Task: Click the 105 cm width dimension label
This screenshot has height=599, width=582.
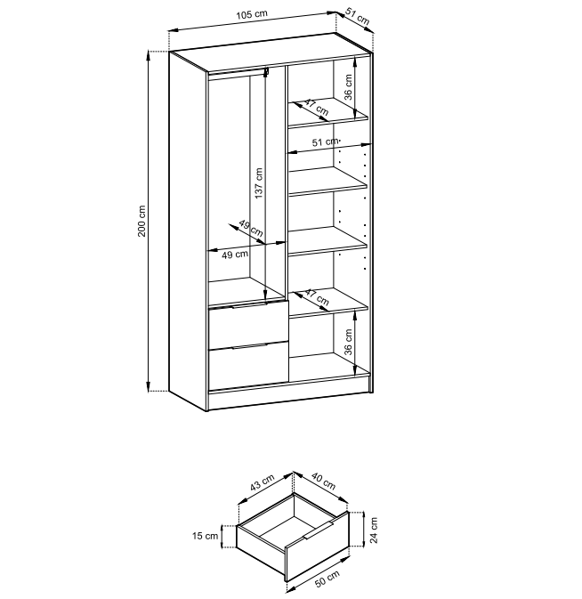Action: pos(252,14)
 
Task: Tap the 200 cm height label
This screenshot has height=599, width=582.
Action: pos(141,221)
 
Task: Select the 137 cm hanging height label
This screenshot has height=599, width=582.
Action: pos(259,183)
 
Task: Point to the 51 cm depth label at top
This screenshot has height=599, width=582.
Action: pos(357,16)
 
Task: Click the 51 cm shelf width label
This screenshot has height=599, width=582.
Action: pos(326,142)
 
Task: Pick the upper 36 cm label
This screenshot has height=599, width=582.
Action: pos(348,86)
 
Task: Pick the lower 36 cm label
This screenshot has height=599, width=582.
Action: pos(348,342)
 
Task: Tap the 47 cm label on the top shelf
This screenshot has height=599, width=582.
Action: pos(316,108)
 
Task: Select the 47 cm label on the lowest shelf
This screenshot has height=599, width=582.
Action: pos(317,297)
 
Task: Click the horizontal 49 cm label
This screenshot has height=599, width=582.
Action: pos(235,255)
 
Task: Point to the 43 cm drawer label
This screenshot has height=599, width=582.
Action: pos(263,482)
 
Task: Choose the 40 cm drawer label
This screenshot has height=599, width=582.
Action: pos(324,482)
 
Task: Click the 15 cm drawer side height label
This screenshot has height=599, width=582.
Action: pos(205,536)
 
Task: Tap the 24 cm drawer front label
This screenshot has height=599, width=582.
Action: pos(374,530)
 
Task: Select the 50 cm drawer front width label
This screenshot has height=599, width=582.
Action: pos(327,579)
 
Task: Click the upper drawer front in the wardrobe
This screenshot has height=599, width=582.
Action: pos(248,323)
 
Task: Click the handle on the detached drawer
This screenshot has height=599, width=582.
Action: pos(319,530)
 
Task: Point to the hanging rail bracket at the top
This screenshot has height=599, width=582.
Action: pos(267,71)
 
